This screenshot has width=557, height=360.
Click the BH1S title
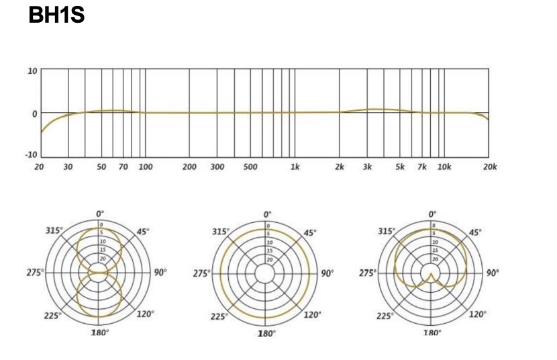point(56,15)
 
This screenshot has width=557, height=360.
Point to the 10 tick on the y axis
point(32,71)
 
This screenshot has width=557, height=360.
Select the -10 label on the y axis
point(31,154)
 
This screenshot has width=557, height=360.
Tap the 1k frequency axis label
point(295,167)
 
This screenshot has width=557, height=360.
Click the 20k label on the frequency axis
point(490,167)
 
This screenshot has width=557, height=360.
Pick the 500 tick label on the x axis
point(250,167)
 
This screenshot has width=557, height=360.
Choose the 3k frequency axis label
point(367,167)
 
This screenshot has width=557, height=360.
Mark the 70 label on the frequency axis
point(123,167)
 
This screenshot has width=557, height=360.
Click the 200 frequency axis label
point(189,167)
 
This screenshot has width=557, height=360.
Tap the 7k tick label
point(422,167)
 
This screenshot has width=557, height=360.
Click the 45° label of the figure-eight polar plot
point(143,232)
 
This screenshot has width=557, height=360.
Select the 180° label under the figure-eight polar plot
point(99,332)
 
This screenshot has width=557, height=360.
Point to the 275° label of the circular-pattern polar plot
point(201,273)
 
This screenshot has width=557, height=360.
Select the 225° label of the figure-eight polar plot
point(53,316)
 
